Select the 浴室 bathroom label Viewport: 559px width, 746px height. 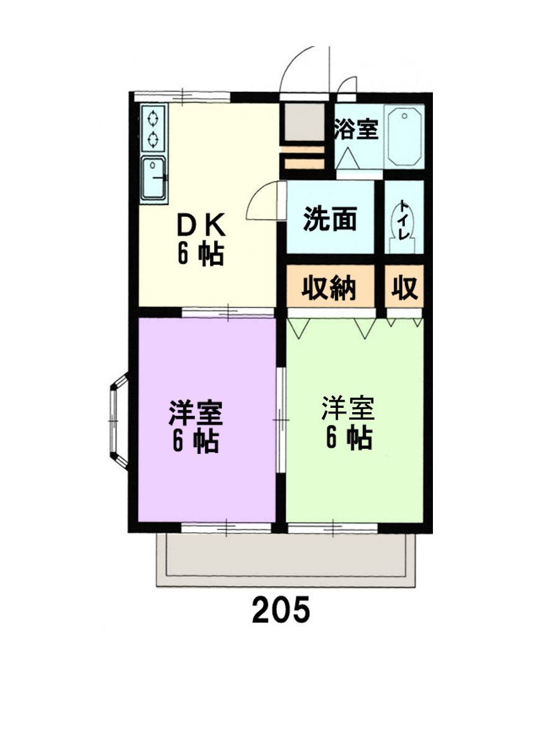[x=356, y=130]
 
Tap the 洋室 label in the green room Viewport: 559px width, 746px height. [x=348, y=408]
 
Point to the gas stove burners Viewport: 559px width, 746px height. [x=153, y=128]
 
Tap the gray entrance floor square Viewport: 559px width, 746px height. [x=302, y=123]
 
